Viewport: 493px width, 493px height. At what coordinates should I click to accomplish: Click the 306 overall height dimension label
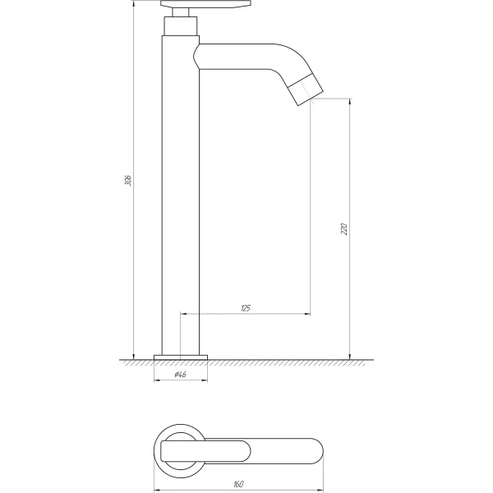[x=128, y=180]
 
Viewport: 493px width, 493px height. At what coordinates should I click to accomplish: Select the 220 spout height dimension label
[x=344, y=229]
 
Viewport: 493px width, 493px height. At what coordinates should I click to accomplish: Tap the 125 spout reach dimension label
[x=246, y=308]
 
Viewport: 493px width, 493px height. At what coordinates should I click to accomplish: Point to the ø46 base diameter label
[x=181, y=375]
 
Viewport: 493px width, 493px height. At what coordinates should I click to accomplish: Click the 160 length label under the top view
[x=238, y=484]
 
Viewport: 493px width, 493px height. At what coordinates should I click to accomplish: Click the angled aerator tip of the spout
[x=306, y=89]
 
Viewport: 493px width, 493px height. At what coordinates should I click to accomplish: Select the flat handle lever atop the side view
[x=206, y=4]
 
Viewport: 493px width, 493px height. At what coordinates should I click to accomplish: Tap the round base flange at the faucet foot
[x=181, y=357]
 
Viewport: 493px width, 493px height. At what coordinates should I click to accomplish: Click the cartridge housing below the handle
[x=181, y=25]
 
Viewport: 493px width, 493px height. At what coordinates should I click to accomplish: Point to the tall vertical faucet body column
[x=181, y=195]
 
